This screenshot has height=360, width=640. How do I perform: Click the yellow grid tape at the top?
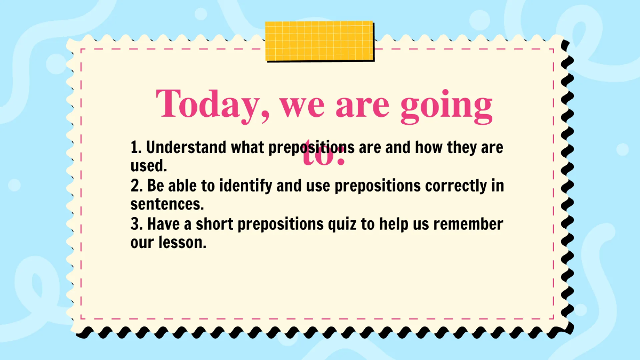[x=319, y=41]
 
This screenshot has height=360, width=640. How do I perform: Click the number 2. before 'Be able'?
[x=137, y=186]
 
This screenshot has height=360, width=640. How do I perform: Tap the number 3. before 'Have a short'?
[x=137, y=224]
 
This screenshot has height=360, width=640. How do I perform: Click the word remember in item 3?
[x=468, y=224]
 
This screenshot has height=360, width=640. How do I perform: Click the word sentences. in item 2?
[x=167, y=205]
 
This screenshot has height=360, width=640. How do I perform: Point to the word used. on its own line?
[x=149, y=166]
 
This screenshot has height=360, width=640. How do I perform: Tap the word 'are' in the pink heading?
[x=362, y=105]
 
